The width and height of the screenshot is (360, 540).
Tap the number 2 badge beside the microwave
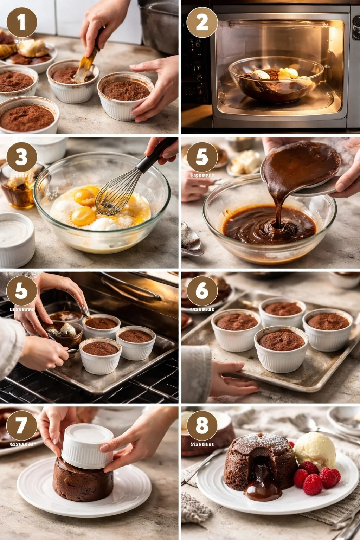tap(202, 22)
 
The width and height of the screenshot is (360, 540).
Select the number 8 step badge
tap(202, 425)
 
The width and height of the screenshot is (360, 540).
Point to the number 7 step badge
tap(22, 425)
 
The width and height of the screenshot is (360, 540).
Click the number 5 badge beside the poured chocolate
tap(202, 157)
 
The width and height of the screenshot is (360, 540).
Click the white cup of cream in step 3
tap(16, 239)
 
